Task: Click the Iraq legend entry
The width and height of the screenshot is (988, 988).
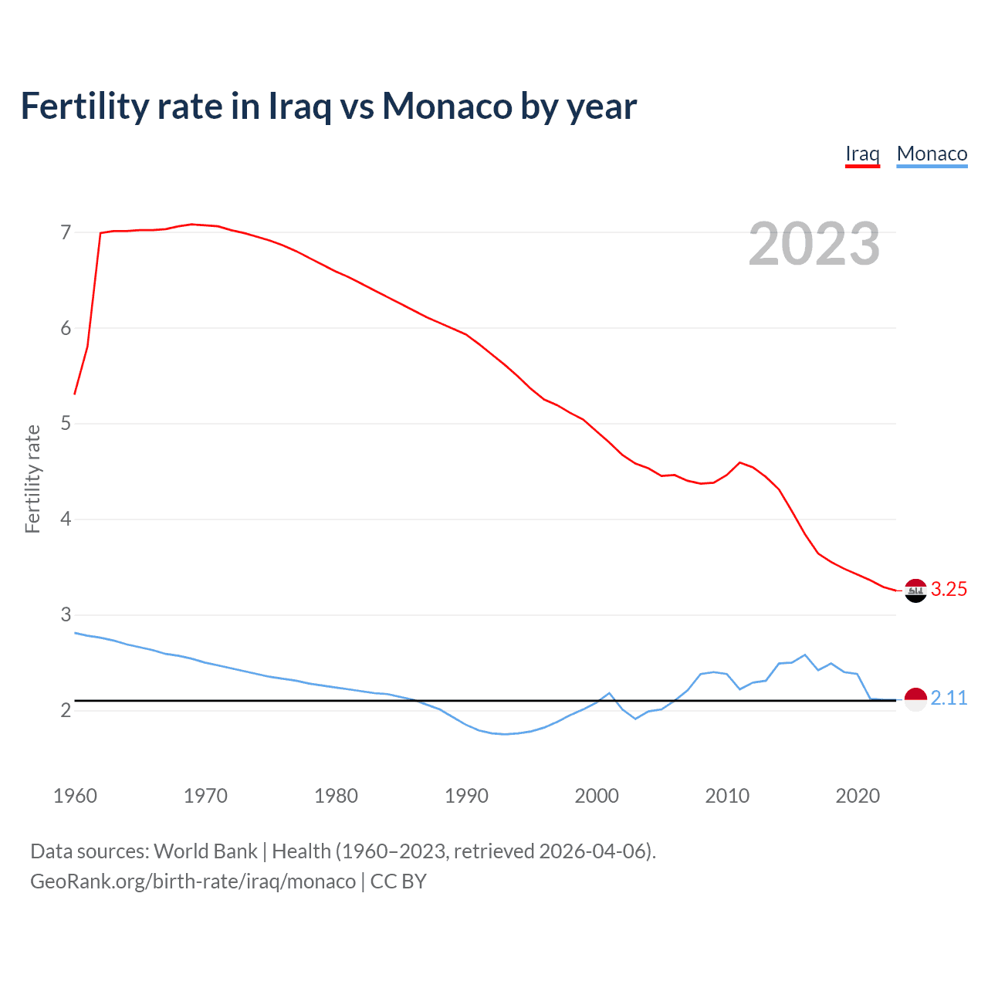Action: (862, 154)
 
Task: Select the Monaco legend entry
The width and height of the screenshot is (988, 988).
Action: (932, 154)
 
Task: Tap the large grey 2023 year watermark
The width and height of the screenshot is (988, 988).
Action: (814, 244)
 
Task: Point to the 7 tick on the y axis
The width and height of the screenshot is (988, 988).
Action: (65, 232)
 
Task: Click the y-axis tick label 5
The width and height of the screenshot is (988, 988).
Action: (65, 424)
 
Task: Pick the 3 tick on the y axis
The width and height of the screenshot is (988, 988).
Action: (65, 614)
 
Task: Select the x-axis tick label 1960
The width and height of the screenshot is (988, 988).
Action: (75, 796)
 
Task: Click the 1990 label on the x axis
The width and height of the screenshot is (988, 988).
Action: (466, 796)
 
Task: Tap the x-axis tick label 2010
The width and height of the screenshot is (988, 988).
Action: (727, 796)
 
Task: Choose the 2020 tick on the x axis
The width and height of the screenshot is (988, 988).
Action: (858, 796)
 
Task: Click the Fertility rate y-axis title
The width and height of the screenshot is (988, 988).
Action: (32, 479)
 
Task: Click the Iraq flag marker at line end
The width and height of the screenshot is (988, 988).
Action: (915, 590)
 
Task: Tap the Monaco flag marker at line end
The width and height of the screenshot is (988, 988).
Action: (915, 699)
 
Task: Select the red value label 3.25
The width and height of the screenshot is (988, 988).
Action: (949, 590)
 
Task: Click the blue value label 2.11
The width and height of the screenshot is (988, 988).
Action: (949, 699)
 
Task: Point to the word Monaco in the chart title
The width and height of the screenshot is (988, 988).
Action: (447, 106)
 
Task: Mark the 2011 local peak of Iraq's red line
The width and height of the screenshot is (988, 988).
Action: (740, 462)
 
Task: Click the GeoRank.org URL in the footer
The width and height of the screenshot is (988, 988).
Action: (193, 881)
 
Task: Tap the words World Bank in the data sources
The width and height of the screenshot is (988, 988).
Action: (205, 851)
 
